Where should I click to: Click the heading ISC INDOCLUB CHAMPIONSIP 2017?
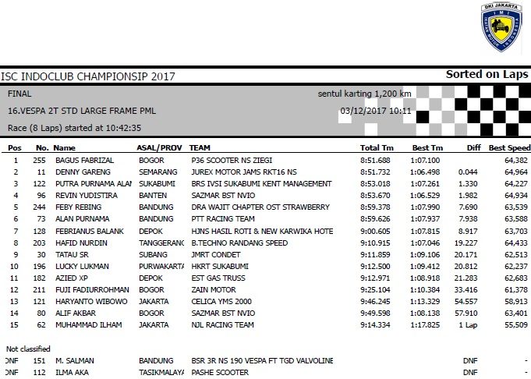pyautogui.click(x=88, y=76)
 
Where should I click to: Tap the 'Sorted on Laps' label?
pyautogui.click(x=487, y=75)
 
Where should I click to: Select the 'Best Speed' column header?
pyautogui.click(x=509, y=147)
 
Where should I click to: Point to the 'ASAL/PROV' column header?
pyautogui.click(x=160, y=147)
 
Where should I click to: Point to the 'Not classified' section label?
pyautogui.click(x=30, y=349)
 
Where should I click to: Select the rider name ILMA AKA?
pyautogui.click(x=73, y=373)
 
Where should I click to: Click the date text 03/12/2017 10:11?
pyautogui.click(x=376, y=111)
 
